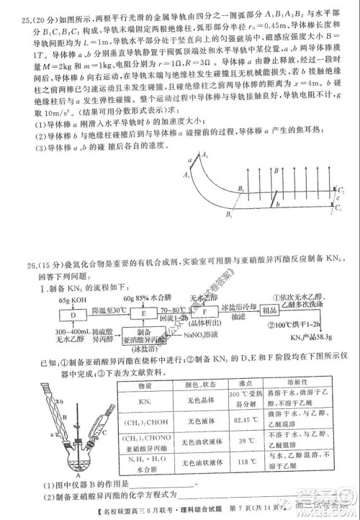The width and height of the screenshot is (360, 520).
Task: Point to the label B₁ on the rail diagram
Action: point(229,215)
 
